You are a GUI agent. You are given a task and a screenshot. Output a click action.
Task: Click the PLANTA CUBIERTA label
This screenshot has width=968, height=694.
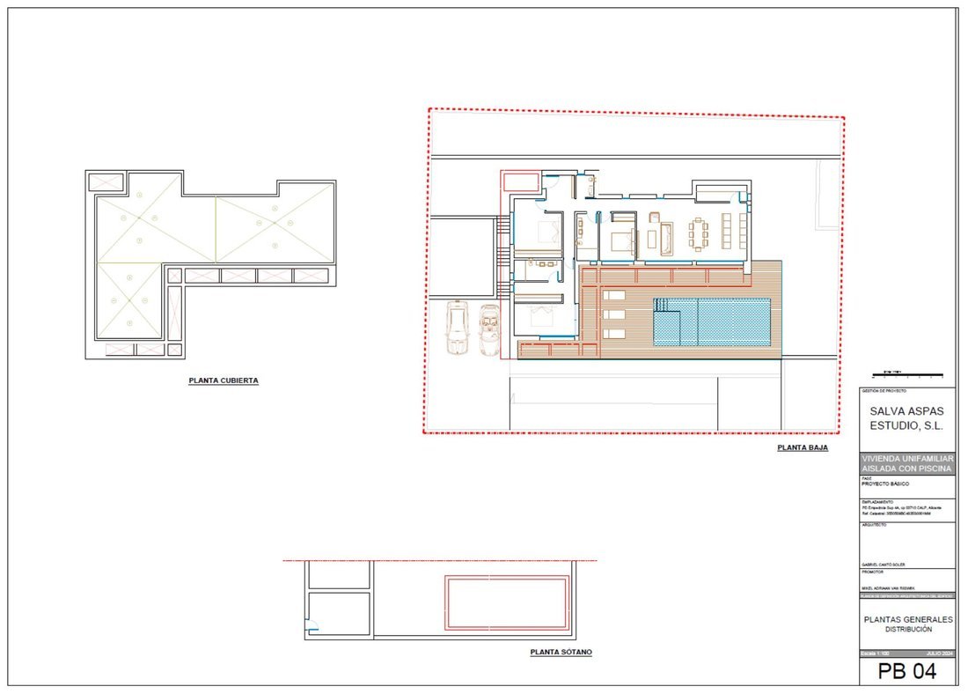pyautogui.click(x=224, y=381)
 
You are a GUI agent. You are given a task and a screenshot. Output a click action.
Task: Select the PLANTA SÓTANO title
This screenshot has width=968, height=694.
pyautogui.click(x=561, y=653)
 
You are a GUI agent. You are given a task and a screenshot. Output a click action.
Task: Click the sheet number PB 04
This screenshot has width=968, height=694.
pyautogui.click(x=906, y=672)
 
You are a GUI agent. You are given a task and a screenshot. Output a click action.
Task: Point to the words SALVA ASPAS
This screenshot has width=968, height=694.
pyautogui.click(x=906, y=410)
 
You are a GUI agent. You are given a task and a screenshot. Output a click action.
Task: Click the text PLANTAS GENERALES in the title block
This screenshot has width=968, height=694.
pyautogui.click(x=906, y=619)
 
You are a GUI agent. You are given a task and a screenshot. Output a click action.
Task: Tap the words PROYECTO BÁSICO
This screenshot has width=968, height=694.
pyautogui.click(x=885, y=484)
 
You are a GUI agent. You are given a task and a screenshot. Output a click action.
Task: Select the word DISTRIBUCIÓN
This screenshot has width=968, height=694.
pyautogui.click(x=907, y=630)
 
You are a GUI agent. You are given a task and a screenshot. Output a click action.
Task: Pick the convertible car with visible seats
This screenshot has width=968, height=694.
pyautogui.click(x=489, y=329)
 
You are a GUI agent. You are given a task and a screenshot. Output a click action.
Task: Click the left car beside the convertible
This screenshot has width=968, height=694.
pyautogui.click(x=457, y=328)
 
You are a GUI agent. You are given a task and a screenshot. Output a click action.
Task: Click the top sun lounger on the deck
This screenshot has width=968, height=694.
pyautogui.click(x=614, y=295)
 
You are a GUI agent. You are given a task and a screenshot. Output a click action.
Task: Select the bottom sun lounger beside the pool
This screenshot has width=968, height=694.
pyautogui.click(x=614, y=333)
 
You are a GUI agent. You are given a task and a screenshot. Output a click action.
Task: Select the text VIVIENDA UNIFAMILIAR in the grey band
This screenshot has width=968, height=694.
pyautogui.click(x=906, y=458)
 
